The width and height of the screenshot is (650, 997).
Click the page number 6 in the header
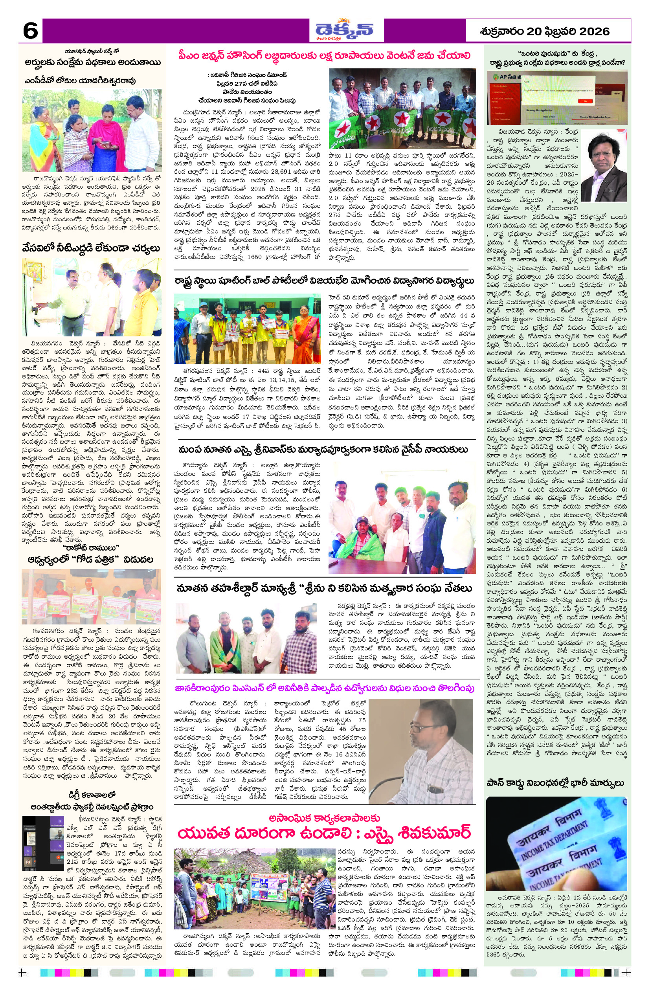click(30, 31)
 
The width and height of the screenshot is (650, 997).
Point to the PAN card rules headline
click(556, 783)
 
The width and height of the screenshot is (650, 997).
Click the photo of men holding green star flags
click(402, 108)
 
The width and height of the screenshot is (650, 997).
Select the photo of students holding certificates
click(247, 329)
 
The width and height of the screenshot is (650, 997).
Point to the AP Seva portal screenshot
click(556, 97)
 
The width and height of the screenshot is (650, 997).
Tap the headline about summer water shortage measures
click(91, 248)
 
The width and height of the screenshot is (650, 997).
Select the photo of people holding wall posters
click(91, 597)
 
